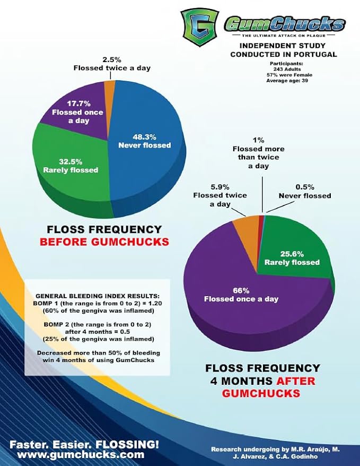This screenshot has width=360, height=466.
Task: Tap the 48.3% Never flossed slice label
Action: (144, 141)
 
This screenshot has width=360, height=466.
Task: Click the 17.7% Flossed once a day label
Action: (78, 112)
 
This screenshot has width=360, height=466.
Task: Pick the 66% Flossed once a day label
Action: (241, 295)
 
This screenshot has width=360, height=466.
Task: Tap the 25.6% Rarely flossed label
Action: (292, 257)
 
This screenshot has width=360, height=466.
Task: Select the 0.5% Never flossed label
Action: (312, 191)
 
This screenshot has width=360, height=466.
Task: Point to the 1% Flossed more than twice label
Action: (258, 153)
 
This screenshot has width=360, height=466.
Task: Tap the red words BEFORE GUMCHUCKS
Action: (104, 242)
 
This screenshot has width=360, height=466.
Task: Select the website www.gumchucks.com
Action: (77, 455)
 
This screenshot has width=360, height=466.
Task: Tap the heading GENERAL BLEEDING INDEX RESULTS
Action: (97, 295)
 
